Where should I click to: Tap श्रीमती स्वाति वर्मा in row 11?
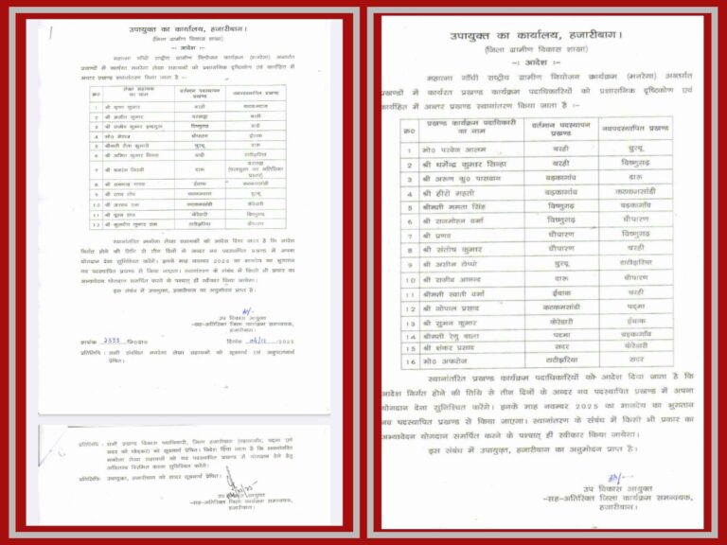pyautogui.click(x=458, y=294)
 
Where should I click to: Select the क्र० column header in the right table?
pyautogui.click(x=409, y=127)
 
